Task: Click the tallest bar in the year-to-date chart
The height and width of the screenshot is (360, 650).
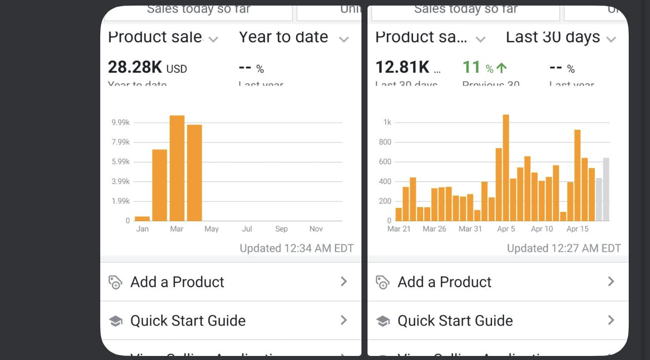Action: (x=177, y=168)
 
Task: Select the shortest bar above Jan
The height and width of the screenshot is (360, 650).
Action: (x=142, y=219)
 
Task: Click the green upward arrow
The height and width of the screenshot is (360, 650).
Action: (x=502, y=68)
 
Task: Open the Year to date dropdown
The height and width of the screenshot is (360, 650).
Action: (x=344, y=39)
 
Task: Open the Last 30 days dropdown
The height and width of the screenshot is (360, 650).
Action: (x=611, y=39)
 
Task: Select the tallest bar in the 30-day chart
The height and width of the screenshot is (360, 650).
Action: (x=506, y=168)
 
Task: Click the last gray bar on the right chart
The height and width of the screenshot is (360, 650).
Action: (x=606, y=190)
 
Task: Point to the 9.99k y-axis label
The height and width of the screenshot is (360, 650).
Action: (x=121, y=123)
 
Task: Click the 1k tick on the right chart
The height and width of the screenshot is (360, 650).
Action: (x=387, y=123)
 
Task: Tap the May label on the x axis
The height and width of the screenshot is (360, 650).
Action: (x=212, y=229)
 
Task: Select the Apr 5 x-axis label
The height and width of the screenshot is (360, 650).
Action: (x=506, y=229)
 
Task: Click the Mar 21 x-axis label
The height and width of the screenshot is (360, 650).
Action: (x=399, y=229)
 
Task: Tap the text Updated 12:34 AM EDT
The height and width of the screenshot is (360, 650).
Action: (x=296, y=248)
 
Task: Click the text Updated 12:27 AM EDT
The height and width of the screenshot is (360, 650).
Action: (x=563, y=248)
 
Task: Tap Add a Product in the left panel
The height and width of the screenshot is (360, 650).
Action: (x=177, y=282)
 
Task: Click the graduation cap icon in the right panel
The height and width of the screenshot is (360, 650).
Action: (x=383, y=321)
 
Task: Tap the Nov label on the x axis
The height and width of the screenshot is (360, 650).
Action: (x=316, y=229)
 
